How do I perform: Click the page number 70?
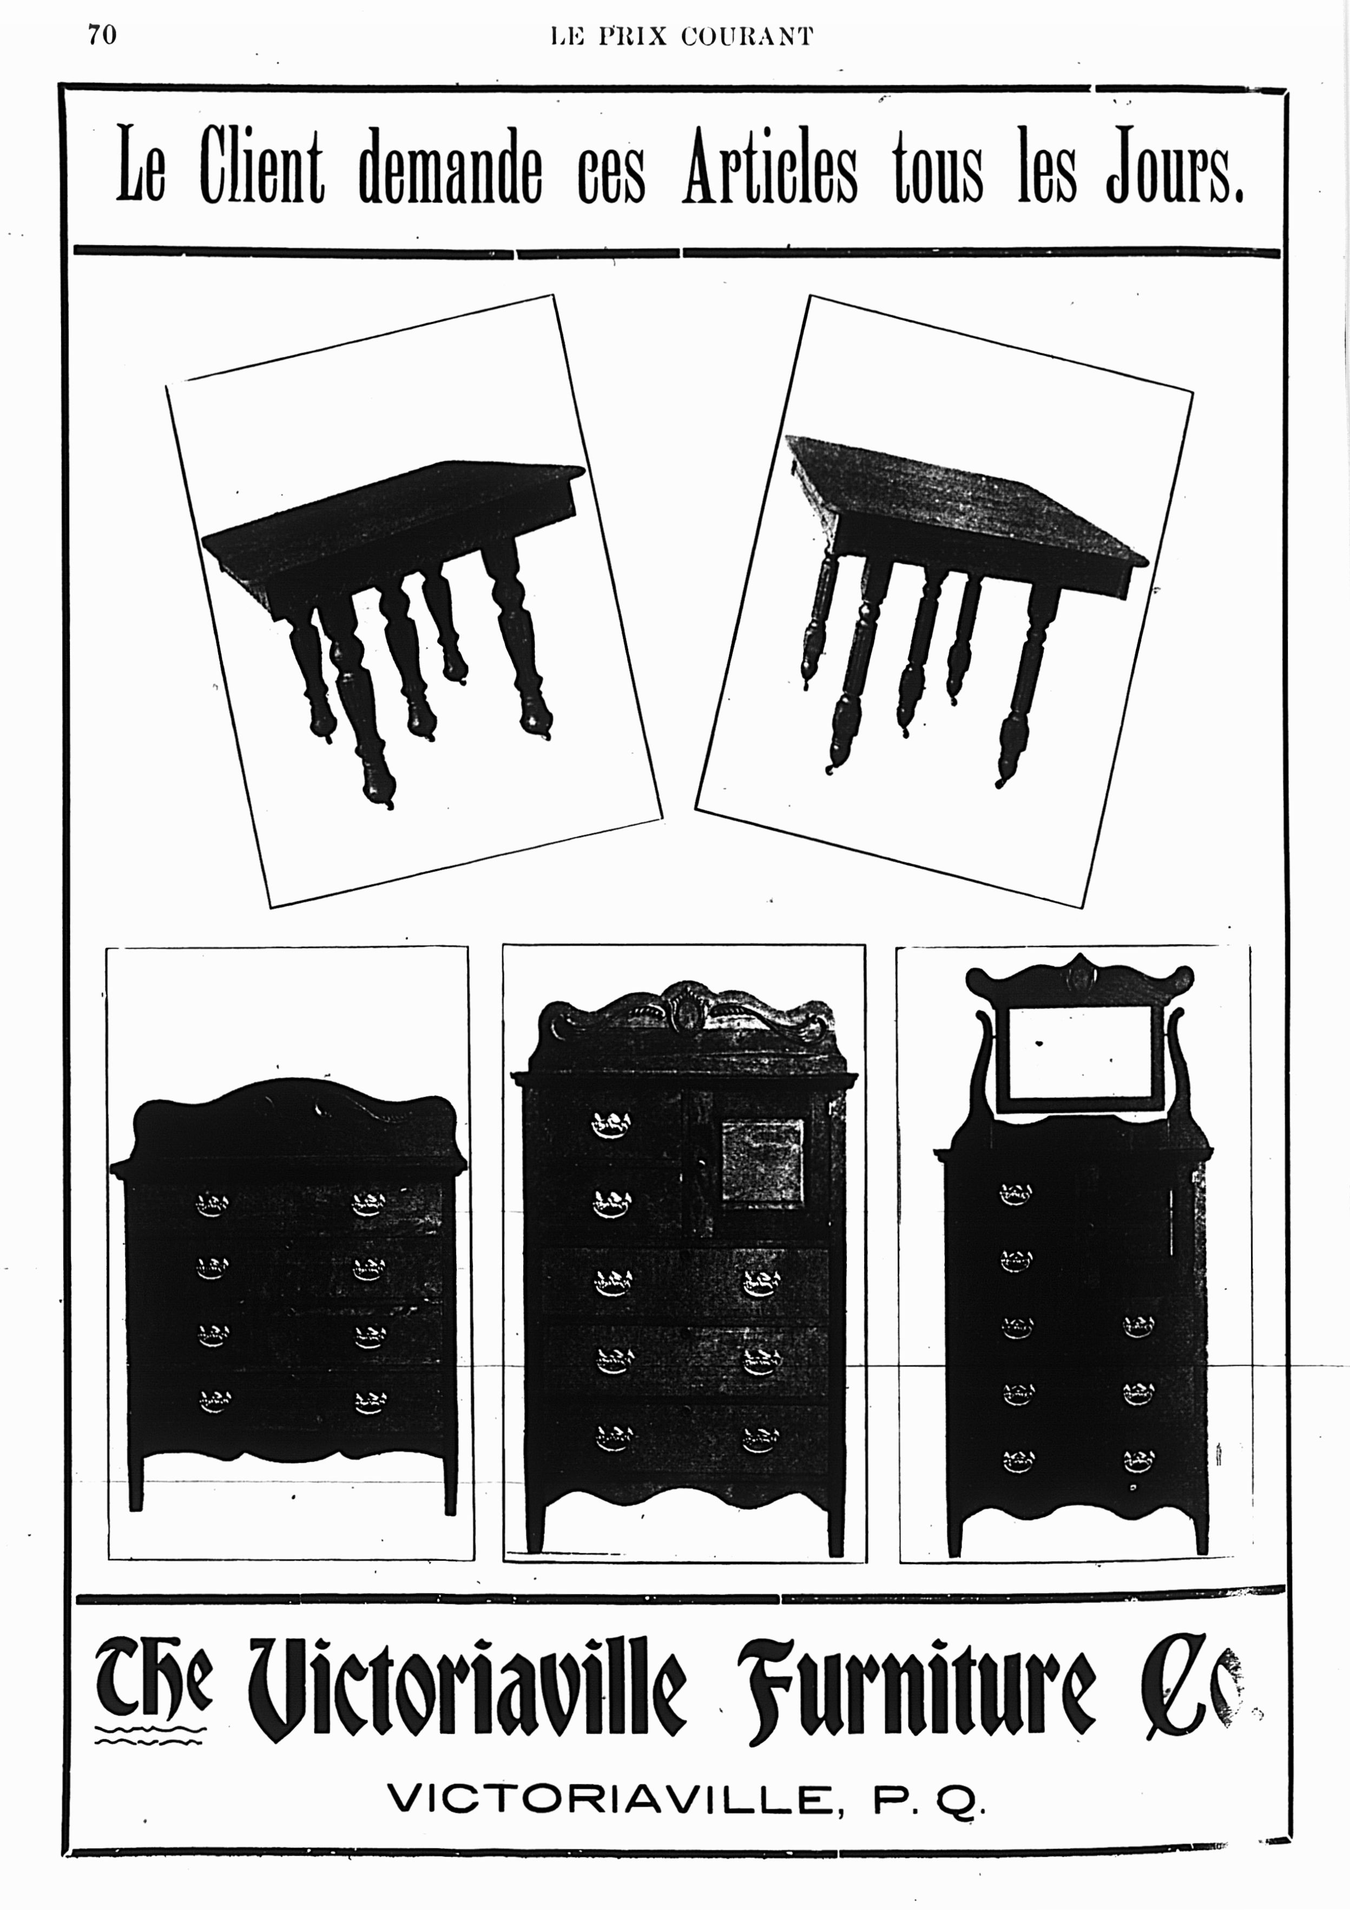tap(102, 35)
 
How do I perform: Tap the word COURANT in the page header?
tap(746, 37)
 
